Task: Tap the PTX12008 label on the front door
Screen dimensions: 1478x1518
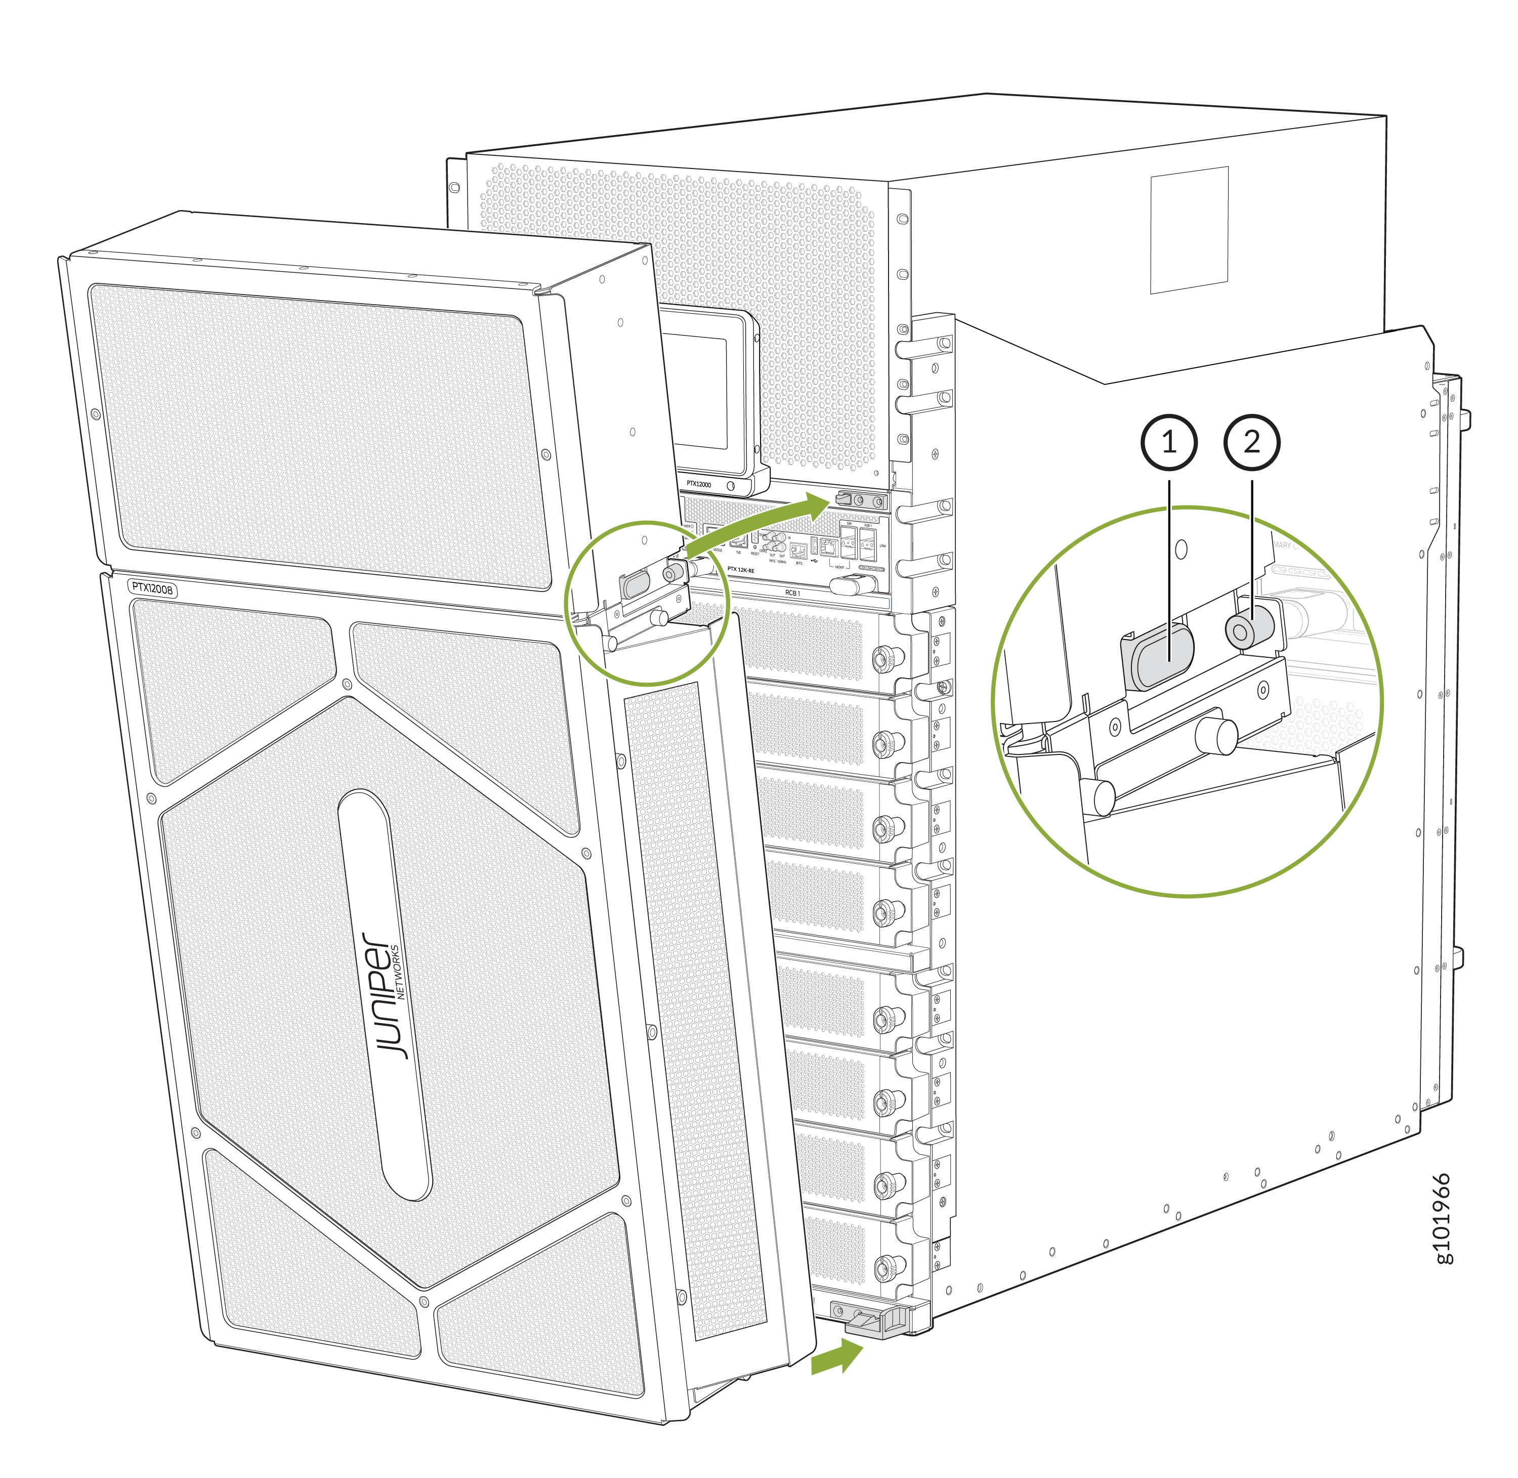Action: (152, 589)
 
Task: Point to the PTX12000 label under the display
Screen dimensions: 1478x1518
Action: (698, 484)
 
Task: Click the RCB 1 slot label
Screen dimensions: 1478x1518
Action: (791, 593)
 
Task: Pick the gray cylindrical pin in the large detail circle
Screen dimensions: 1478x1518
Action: (1249, 627)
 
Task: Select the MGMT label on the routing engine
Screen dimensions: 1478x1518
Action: (839, 567)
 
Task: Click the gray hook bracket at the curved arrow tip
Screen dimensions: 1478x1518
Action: (845, 498)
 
